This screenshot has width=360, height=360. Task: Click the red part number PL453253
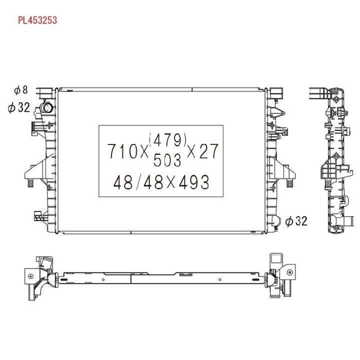pos(37,20)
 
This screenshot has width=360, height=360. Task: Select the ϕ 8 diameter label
pos(21,90)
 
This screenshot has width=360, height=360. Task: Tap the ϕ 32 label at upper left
pos(19,107)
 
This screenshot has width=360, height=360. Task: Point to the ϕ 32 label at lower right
pos(296,221)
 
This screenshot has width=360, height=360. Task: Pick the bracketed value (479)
pos(167,140)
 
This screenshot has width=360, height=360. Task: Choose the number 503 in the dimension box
pos(167,160)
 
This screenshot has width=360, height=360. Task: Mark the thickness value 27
pos(208,151)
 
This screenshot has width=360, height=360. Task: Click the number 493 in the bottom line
pos(194,182)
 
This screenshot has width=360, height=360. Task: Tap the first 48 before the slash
pos(123,182)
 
